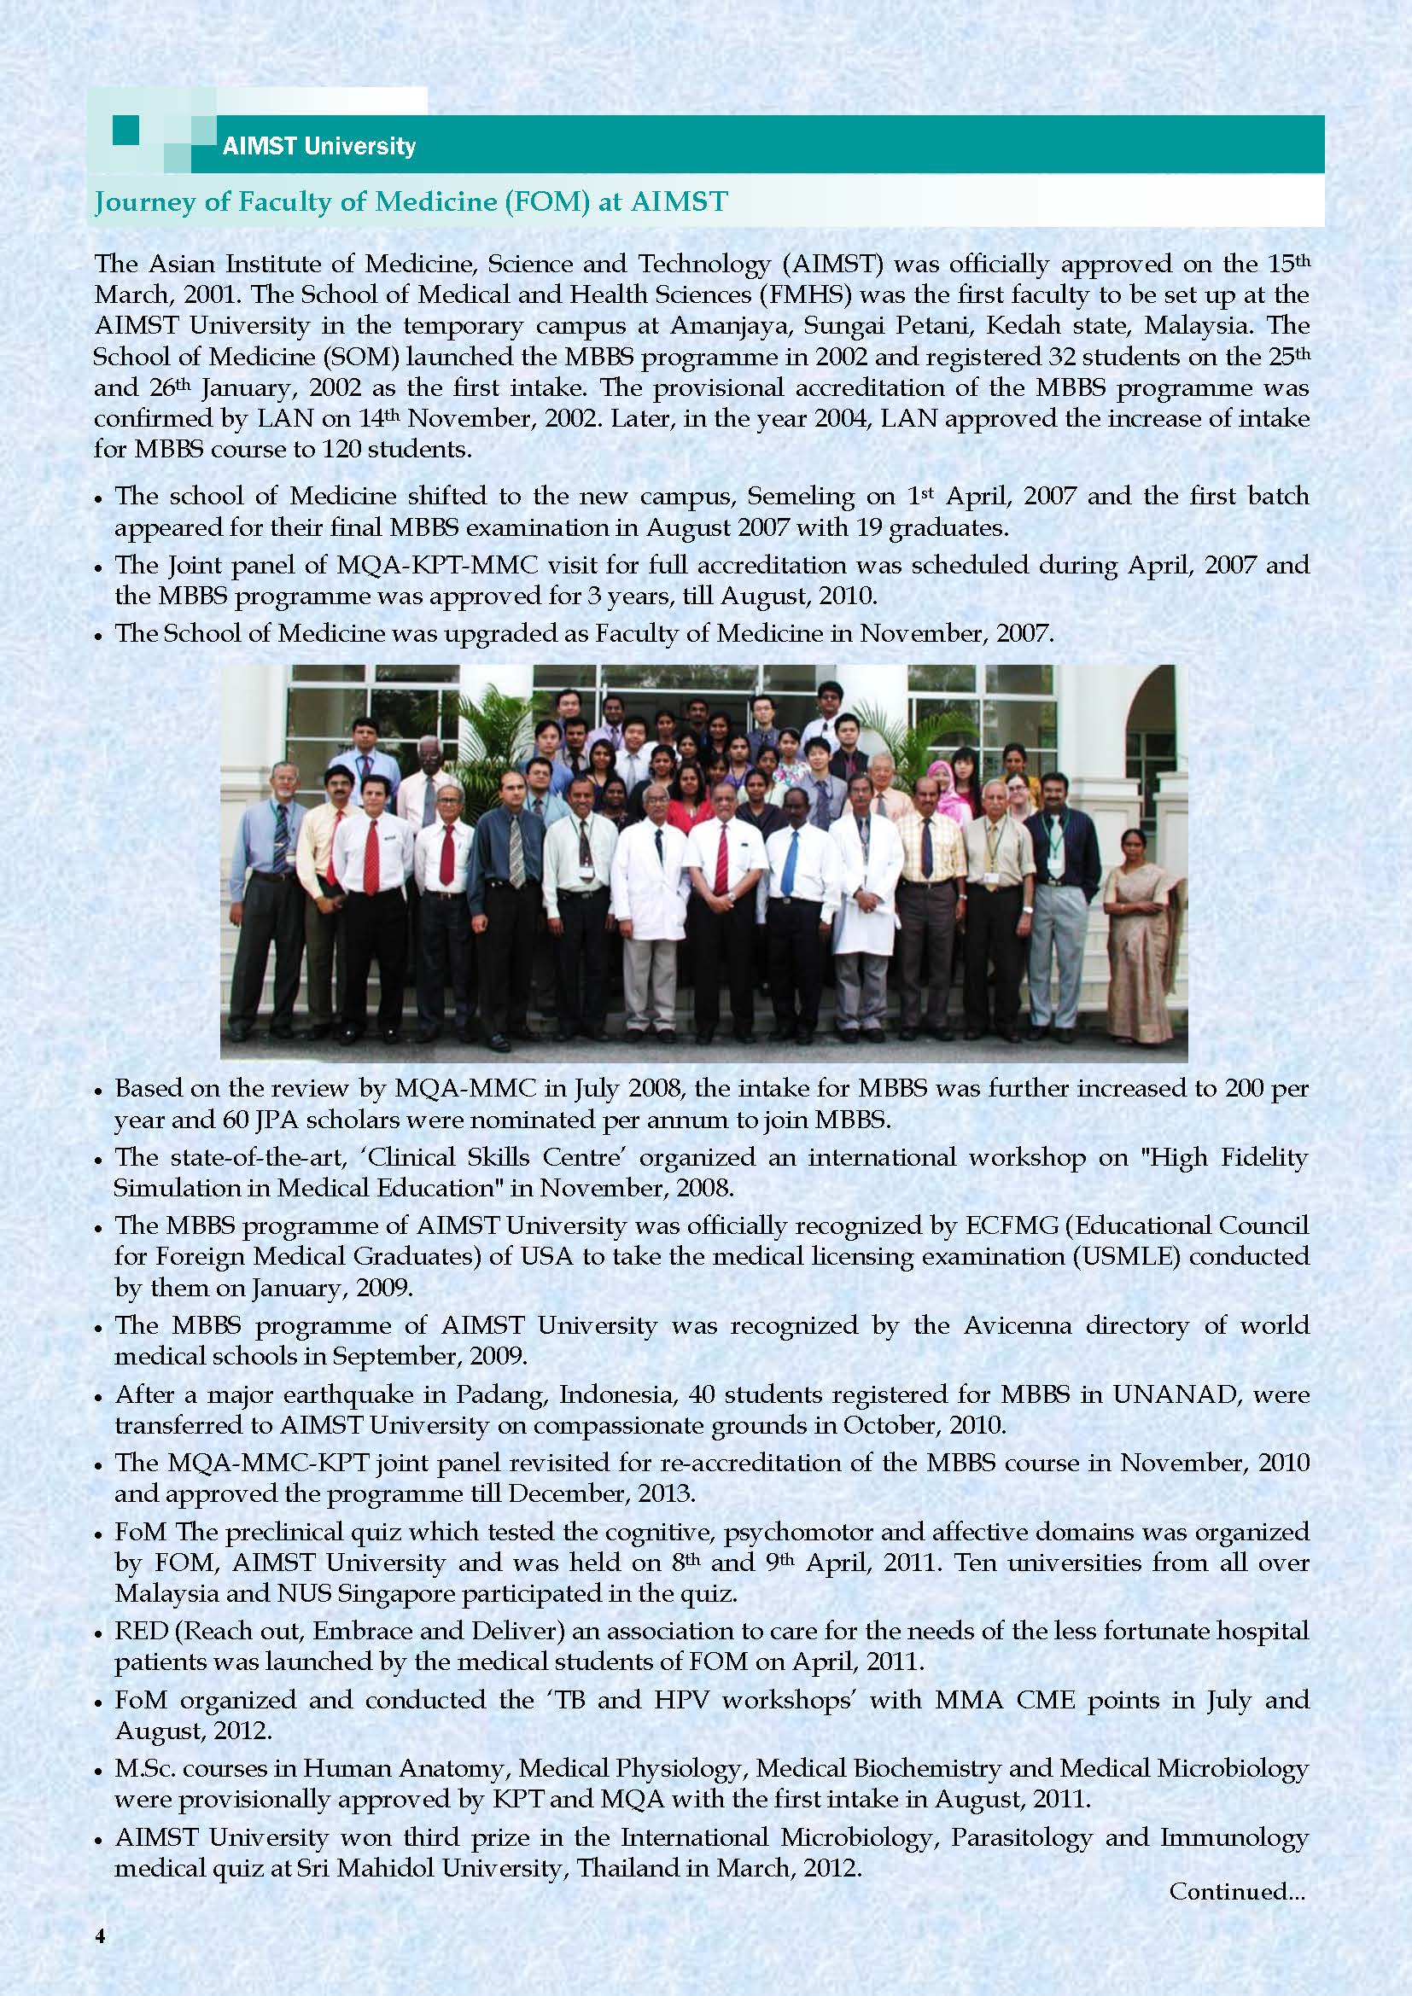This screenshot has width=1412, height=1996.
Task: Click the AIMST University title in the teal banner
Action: [x=318, y=146]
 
